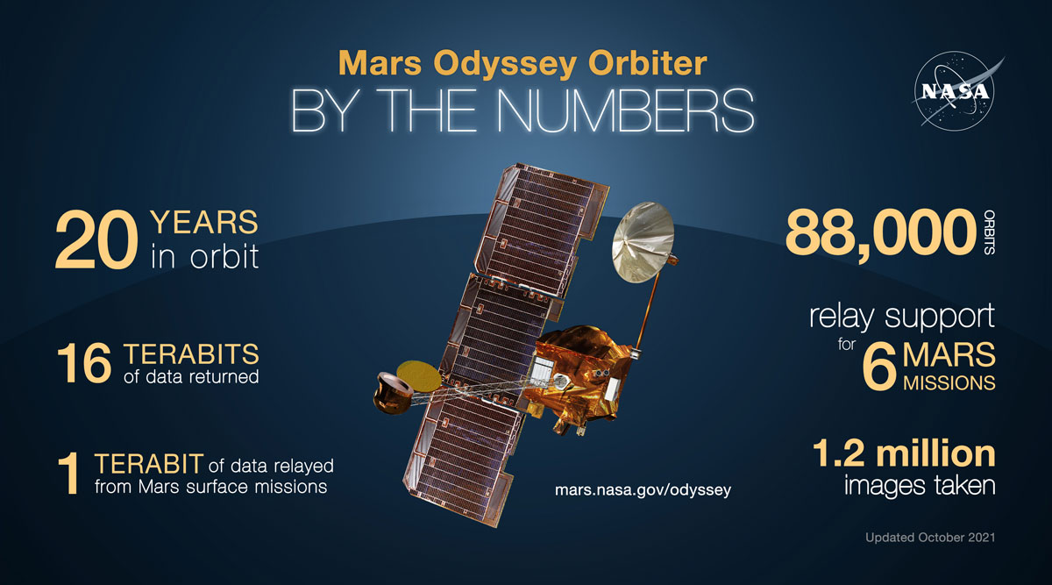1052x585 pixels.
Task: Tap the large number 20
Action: tap(95, 240)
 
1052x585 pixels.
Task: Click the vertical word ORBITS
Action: tap(990, 233)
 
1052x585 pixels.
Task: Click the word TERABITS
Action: tap(191, 354)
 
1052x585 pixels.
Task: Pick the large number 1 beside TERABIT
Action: tap(71, 474)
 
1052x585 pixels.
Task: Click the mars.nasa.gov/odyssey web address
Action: tap(643, 489)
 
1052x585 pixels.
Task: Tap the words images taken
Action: tap(919, 486)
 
